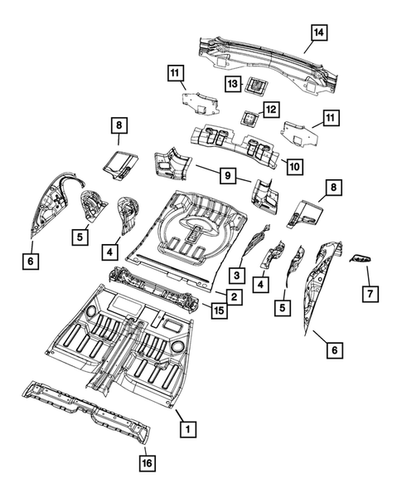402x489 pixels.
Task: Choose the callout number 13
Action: click(x=234, y=84)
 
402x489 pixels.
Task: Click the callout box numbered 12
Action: click(x=269, y=110)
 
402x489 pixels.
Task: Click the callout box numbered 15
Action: click(x=219, y=310)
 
